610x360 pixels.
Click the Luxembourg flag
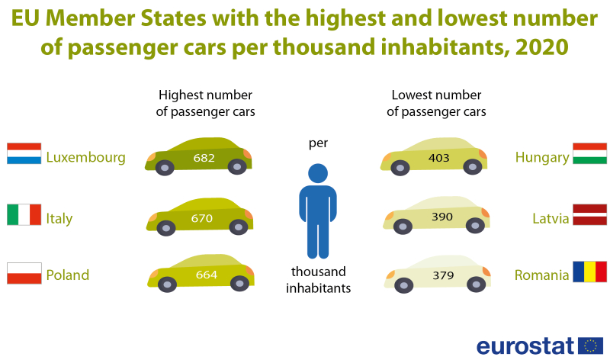click(x=24, y=154)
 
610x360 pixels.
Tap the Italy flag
click(x=24, y=214)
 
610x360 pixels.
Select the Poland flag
click(x=24, y=273)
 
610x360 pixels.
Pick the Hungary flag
click(x=590, y=154)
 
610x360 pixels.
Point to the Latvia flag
click(x=590, y=214)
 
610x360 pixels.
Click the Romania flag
click(x=590, y=272)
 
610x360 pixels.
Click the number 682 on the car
click(x=204, y=158)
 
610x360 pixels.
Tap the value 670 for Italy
click(x=201, y=218)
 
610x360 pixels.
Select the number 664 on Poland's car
click(x=206, y=275)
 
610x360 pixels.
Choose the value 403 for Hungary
click(x=439, y=158)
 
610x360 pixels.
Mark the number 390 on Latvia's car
click(x=442, y=217)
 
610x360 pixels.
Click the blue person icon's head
click(x=318, y=173)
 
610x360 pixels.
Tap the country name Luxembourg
click(x=85, y=158)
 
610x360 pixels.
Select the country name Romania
click(x=542, y=275)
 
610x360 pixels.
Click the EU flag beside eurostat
click(x=590, y=345)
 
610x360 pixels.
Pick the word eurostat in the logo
click(x=525, y=346)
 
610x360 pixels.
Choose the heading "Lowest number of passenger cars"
click(x=436, y=103)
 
